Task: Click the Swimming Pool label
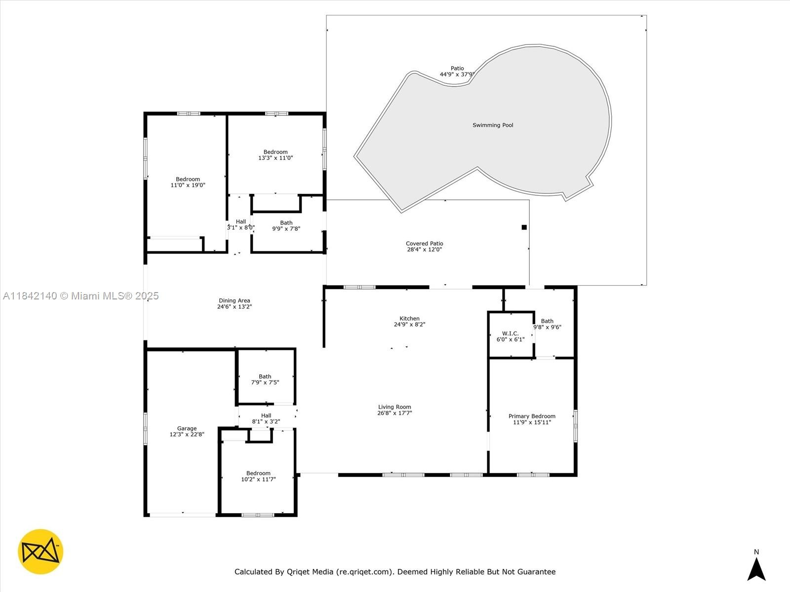[x=493, y=125]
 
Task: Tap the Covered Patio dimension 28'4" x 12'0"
[x=424, y=250]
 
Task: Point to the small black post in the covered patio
[x=524, y=227]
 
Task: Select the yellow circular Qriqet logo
[x=40, y=552]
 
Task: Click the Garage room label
[x=187, y=428]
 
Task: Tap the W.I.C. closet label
[x=511, y=333]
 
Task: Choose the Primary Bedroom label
[x=532, y=416]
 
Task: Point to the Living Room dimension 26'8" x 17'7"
[x=395, y=413]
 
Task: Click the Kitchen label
[x=409, y=319]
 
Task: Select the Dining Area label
[x=235, y=300]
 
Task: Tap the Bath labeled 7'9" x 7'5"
[x=265, y=379]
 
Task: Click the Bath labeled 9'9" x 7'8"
[x=286, y=226]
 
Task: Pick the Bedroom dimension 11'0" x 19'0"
[x=188, y=185]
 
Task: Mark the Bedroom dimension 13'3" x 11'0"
[x=276, y=158]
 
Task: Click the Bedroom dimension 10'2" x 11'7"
[x=258, y=479]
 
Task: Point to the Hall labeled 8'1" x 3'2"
[x=266, y=418]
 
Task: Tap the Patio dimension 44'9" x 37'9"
[x=457, y=74]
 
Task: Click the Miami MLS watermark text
[x=80, y=296]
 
